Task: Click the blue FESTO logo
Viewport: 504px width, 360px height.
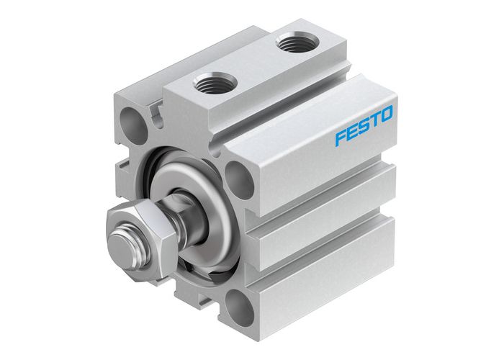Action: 364,118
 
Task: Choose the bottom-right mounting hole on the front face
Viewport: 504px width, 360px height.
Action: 235,308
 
